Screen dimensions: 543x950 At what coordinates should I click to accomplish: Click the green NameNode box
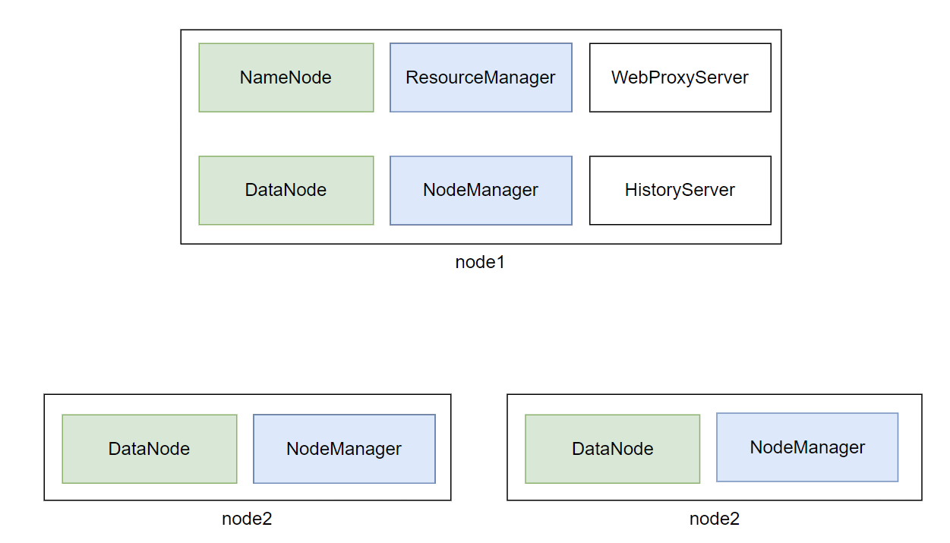[x=286, y=77]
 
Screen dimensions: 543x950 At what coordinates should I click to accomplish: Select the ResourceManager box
[x=481, y=77]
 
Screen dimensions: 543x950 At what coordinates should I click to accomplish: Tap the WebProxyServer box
[x=680, y=77]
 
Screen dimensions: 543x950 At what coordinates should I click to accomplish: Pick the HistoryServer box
[x=680, y=190]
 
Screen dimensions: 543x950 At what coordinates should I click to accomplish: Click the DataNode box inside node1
[x=286, y=190]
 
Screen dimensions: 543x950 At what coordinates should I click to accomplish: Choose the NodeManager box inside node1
[x=481, y=190]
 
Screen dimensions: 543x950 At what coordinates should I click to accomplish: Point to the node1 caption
[x=480, y=262]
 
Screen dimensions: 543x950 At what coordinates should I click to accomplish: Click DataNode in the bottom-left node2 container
[x=150, y=449]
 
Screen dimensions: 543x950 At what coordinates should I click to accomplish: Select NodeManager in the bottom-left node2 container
[x=344, y=449]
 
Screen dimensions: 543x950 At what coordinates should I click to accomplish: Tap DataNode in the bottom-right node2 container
[x=612, y=449]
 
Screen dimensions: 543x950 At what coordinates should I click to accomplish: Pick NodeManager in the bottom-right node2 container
[x=807, y=447]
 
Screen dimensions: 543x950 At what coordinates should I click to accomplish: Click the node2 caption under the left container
[x=247, y=519]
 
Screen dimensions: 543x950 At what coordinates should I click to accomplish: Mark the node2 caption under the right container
[x=714, y=519]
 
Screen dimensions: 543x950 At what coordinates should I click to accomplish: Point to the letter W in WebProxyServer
[x=619, y=77]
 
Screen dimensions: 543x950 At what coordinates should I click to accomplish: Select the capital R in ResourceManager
[x=412, y=77]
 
